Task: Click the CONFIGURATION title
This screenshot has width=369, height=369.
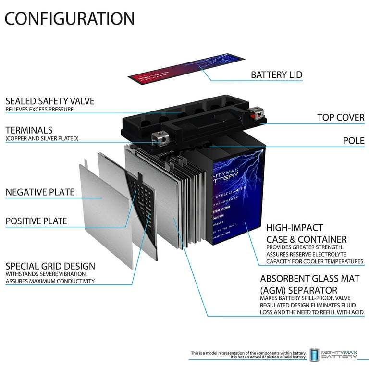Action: tap(70, 18)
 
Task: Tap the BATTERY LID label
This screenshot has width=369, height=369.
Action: tap(276, 75)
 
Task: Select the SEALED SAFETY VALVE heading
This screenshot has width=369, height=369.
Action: tap(50, 101)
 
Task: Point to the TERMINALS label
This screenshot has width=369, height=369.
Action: tap(29, 130)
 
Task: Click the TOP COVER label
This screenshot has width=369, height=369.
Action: tap(341, 117)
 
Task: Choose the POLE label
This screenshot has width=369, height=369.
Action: tap(354, 141)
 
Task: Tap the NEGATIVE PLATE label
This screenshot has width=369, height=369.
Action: tap(40, 192)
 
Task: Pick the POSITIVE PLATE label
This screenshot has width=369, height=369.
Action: tap(37, 221)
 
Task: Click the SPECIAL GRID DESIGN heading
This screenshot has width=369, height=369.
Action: tap(50, 266)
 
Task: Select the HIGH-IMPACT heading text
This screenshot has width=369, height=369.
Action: tap(295, 227)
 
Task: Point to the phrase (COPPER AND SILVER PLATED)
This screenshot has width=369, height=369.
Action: tap(42, 139)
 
